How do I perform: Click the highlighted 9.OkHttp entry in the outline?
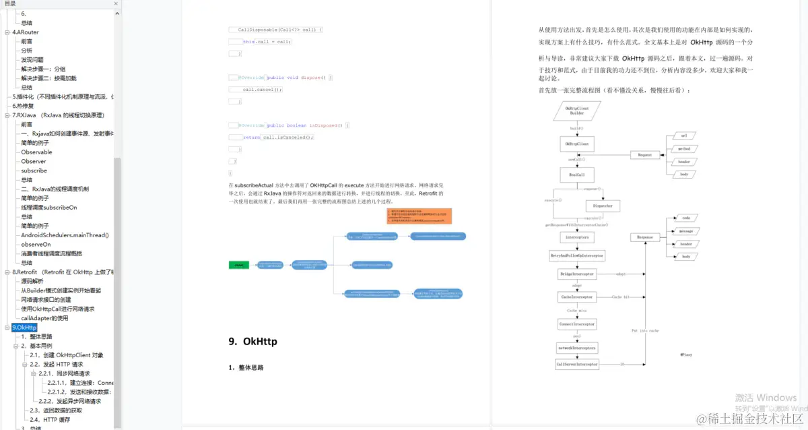(24, 328)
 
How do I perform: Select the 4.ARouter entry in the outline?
(26, 32)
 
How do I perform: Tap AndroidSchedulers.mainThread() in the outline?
(65, 235)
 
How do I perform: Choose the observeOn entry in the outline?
(36, 244)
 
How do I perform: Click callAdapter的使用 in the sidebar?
(44, 318)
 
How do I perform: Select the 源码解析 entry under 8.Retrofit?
(32, 281)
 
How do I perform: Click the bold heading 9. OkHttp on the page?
(252, 342)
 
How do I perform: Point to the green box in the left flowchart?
(239, 266)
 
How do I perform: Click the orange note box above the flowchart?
(419, 216)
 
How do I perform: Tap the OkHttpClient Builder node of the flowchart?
(577, 111)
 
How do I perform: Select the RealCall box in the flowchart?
(577, 175)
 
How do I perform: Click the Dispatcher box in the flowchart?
(603, 206)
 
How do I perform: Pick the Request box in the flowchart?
(645, 155)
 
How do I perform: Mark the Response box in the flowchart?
(645, 237)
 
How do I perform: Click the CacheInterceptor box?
(577, 297)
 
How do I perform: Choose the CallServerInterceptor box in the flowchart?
(577, 364)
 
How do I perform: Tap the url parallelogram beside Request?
(684, 135)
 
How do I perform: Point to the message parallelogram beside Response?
(686, 231)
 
